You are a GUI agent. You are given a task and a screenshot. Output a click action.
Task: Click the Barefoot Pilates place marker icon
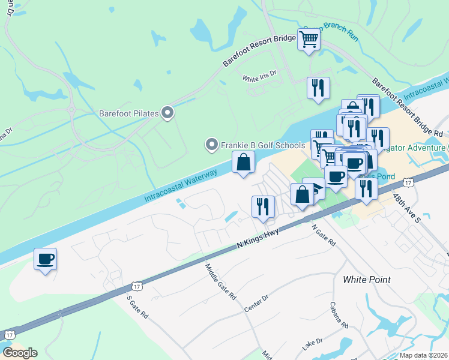click(167, 113)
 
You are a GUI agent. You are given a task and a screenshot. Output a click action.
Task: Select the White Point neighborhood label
click(366, 280)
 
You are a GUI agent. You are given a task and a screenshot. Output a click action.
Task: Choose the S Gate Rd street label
click(137, 307)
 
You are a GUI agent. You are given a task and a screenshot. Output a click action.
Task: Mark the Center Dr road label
click(256, 304)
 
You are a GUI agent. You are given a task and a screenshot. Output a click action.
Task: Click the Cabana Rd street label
click(339, 314)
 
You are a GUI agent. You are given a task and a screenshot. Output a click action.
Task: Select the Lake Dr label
click(312, 344)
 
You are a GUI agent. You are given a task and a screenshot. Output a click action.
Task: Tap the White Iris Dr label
click(259, 76)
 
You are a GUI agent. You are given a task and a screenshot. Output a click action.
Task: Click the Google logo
click(20, 353)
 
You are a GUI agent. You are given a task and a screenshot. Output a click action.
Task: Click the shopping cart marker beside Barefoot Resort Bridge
click(309, 40)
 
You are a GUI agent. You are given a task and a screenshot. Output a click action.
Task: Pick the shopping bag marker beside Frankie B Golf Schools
click(243, 162)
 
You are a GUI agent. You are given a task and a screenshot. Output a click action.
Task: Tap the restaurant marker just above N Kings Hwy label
click(263, 207)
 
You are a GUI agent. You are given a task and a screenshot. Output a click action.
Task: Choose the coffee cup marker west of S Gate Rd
click(45, 259)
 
